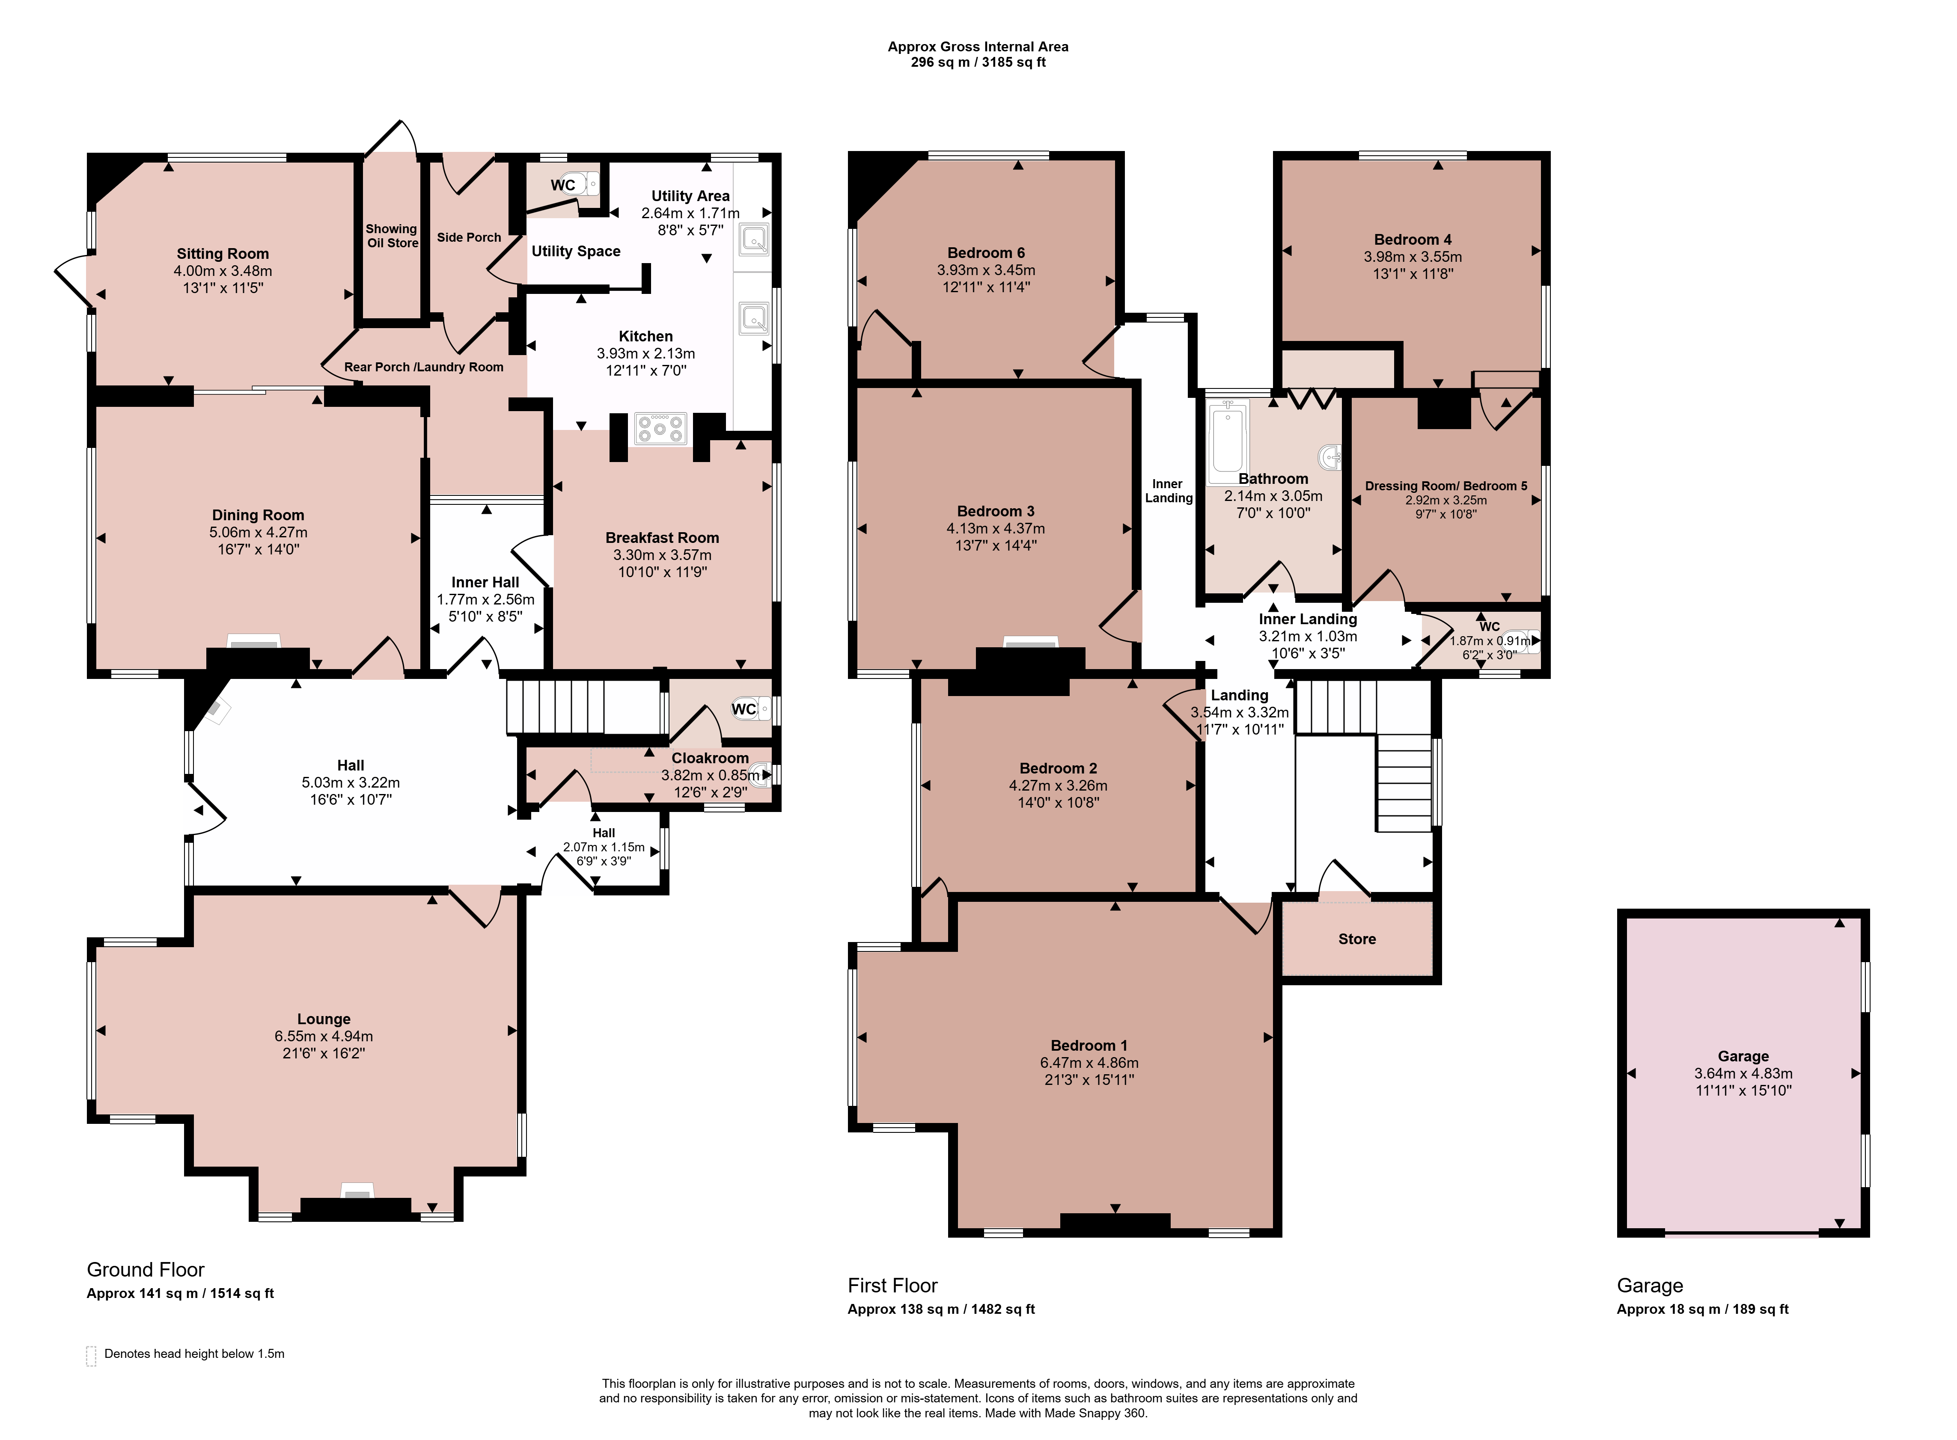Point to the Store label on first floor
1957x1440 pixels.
[1357, 939]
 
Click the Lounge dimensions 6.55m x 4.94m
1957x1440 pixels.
[324, 1037]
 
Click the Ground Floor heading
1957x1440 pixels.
[146, 1269]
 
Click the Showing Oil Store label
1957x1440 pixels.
[392, 235]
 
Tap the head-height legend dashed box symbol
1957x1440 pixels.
[91, 1355]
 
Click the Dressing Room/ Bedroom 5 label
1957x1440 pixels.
[1446, 486]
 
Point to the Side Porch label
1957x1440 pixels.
[469, 237]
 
